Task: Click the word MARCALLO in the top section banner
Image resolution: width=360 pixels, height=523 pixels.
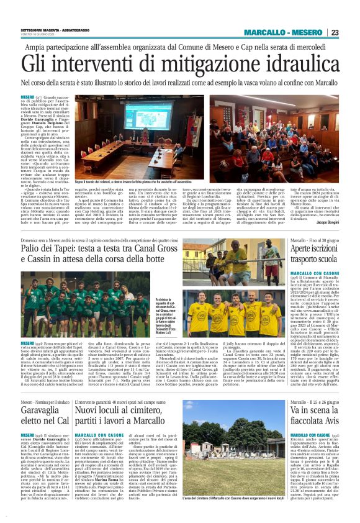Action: (264, 32)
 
